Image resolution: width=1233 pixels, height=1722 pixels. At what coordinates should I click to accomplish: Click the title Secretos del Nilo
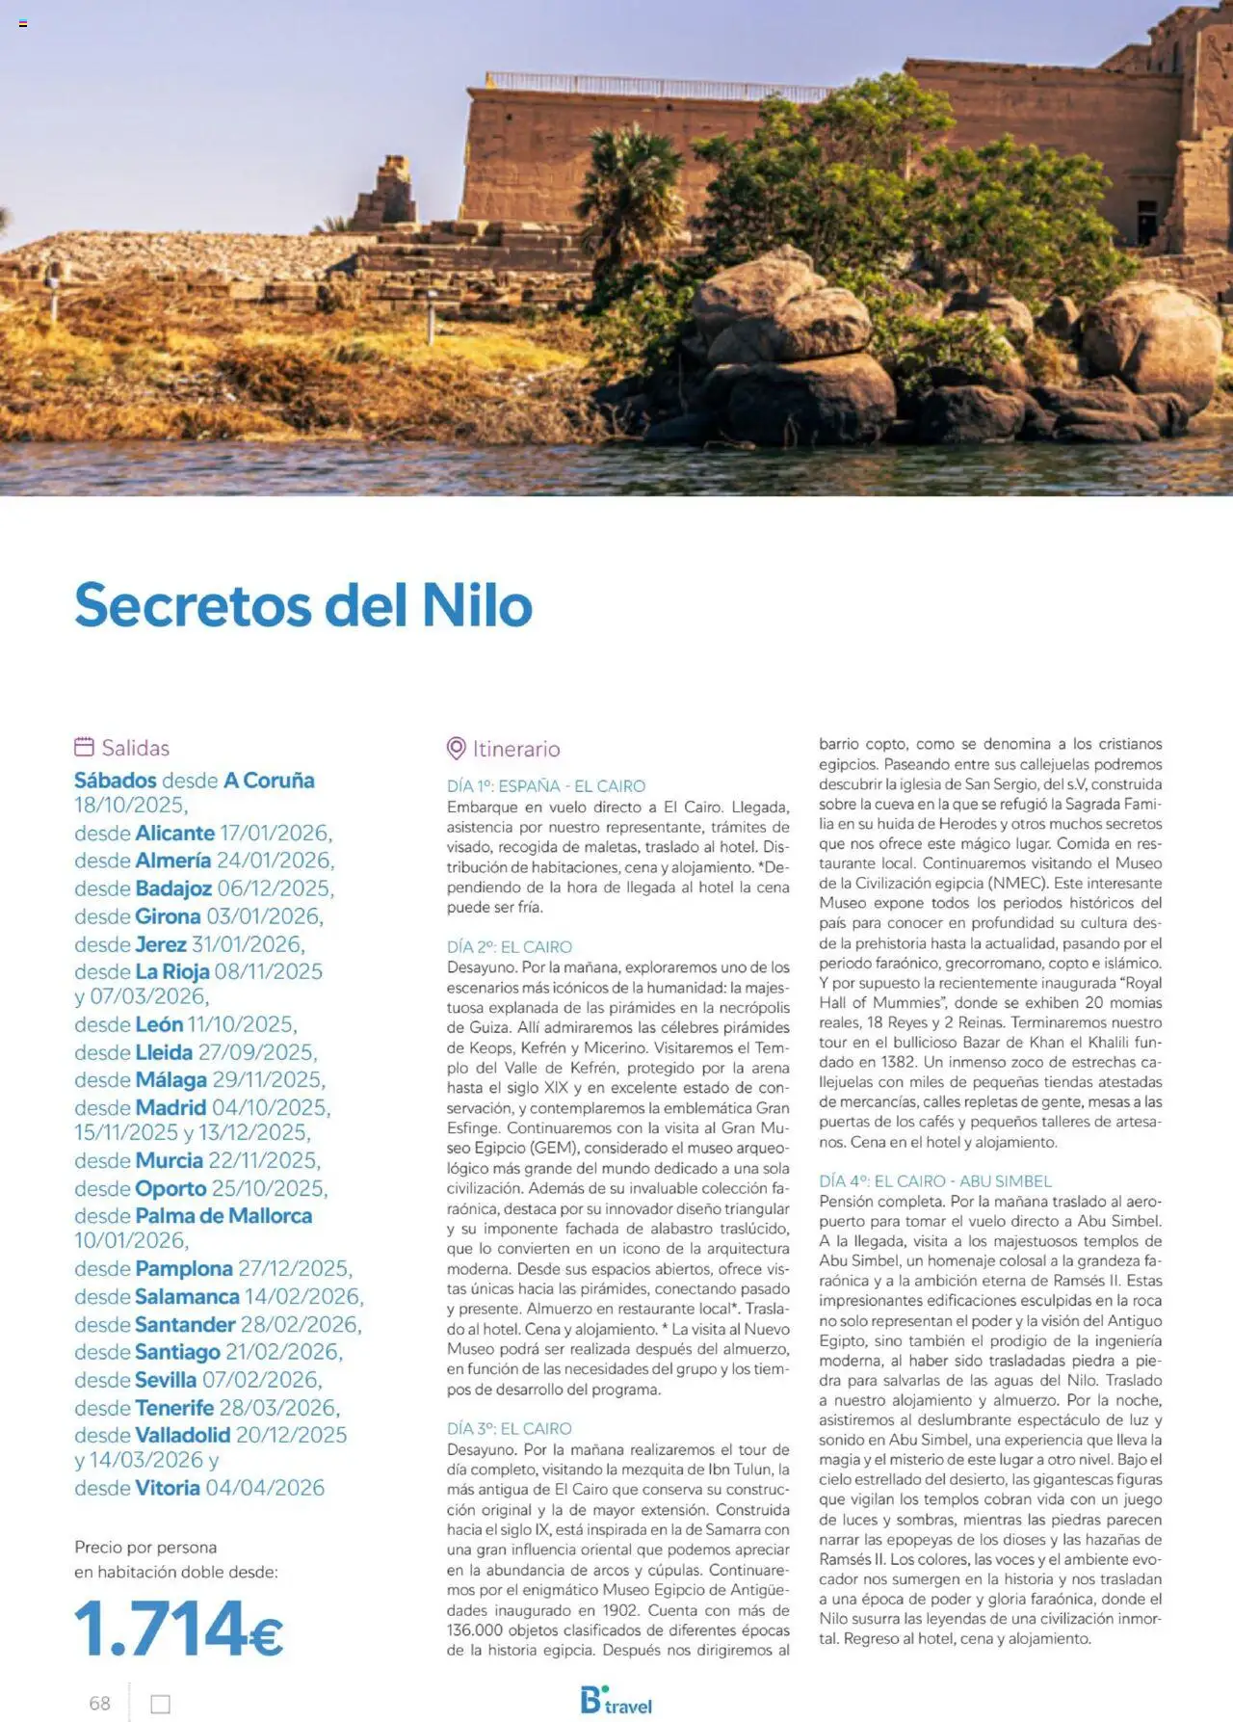pos(303,605)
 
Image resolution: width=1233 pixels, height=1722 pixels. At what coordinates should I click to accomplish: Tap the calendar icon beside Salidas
pos(84,747)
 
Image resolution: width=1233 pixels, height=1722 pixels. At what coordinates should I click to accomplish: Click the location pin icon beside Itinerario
pos(457,749)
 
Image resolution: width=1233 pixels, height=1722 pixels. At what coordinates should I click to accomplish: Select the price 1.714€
pos(178,1629)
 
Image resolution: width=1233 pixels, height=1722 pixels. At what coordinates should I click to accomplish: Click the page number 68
pos(99,1703)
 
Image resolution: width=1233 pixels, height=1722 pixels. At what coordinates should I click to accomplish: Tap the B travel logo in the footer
pos(616,1701)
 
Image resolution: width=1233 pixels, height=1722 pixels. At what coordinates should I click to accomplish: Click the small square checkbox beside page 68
pos(161,1704)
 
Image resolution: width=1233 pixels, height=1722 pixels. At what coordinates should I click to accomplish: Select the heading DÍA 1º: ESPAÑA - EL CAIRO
pos(545,786)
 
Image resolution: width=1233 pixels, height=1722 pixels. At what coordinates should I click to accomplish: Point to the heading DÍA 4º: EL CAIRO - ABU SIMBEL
pos(934,1180)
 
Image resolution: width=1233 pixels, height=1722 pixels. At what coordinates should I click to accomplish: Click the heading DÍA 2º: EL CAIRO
pos(509,947)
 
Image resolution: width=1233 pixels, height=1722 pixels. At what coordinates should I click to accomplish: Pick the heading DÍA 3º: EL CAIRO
pos(509,1428)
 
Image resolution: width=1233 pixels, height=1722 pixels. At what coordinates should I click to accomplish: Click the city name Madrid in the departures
pos(171,1108)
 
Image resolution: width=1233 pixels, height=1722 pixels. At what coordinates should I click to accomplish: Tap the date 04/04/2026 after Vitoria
pos(265,1488)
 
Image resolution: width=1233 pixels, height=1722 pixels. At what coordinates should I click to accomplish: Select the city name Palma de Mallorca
pos(223,1216)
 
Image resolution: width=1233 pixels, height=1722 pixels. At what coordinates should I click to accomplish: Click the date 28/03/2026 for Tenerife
pos(277,1408)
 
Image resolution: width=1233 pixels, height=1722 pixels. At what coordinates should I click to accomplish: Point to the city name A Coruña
pos(269,781)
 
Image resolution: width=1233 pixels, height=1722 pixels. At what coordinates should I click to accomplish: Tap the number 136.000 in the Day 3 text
pos(479,1630)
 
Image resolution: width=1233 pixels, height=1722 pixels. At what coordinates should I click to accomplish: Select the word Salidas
pos(136,748)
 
